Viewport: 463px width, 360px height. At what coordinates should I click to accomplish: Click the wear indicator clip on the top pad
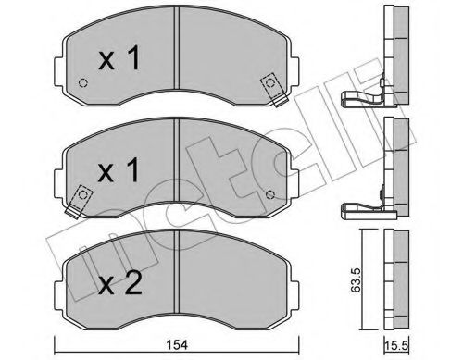[272, 84]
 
